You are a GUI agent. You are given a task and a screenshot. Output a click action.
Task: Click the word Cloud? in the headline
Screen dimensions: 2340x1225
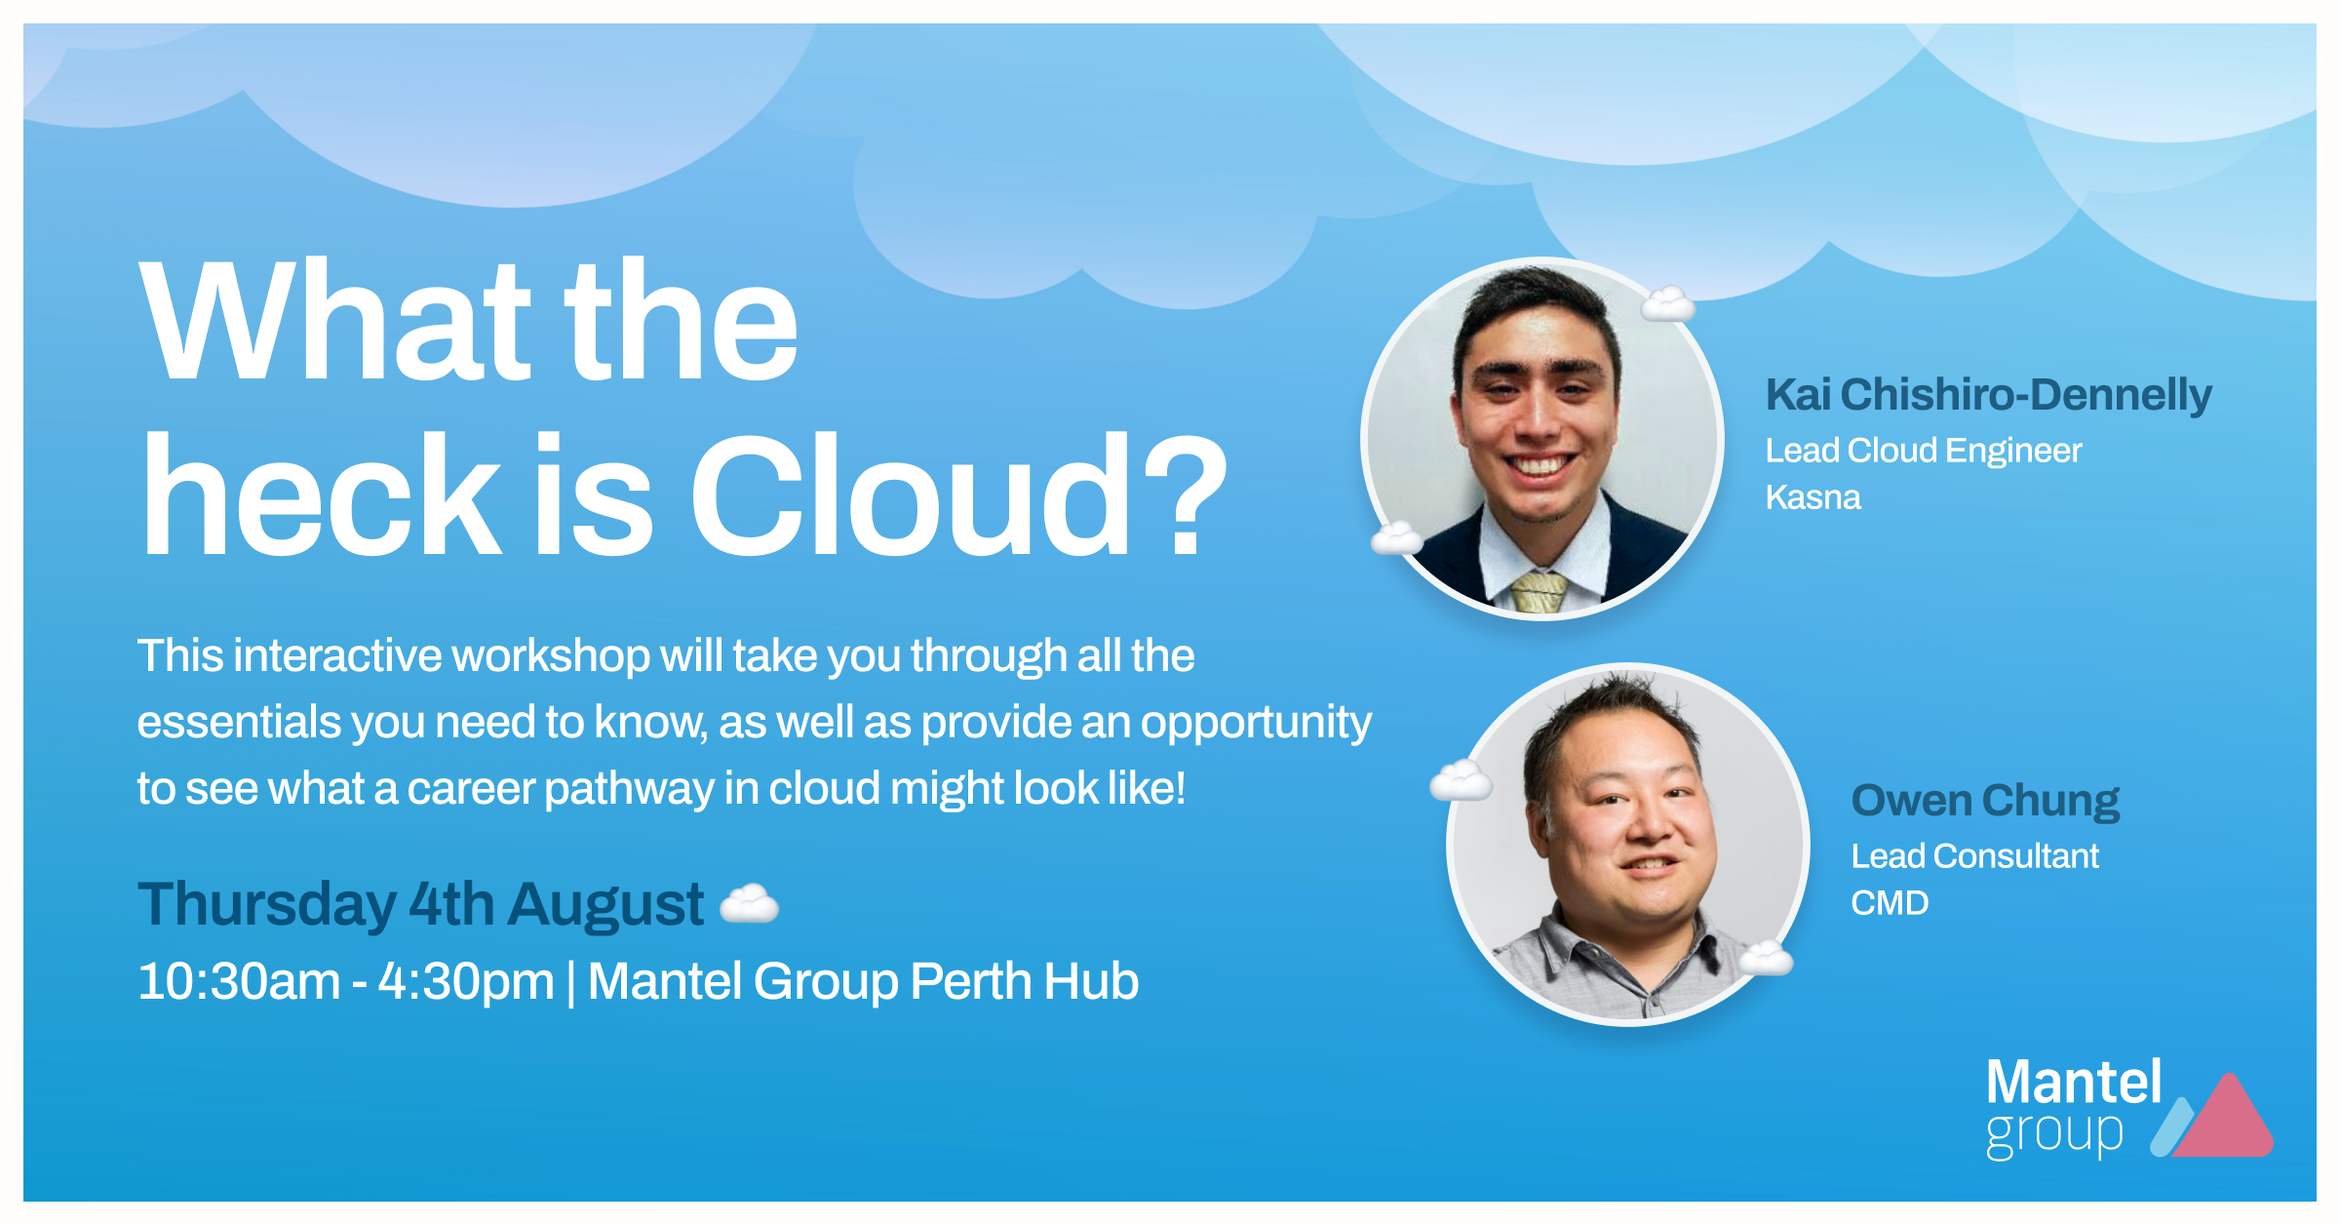coord(959,495)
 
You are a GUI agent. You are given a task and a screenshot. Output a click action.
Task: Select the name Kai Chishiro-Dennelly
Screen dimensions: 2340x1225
coord(1988,395)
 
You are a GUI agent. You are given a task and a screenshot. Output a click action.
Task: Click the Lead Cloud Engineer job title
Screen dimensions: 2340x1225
coord(1924,451)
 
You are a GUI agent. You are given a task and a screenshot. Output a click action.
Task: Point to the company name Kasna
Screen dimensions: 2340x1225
coord(1813,497)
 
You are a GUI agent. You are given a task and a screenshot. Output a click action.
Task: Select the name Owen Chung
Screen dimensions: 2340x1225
coord(1985,801)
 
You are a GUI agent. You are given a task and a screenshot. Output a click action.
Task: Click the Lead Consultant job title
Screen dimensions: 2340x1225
coord(1974,856)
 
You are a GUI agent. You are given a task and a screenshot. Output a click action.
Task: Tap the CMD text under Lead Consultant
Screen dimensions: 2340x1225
coord(1890,903)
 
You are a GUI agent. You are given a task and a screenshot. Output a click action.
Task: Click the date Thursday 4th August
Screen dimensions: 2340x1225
coord(420,904)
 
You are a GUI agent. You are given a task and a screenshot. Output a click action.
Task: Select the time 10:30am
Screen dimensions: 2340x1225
coord(239,981)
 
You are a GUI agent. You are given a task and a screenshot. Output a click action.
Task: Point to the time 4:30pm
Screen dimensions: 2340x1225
coord(466,982)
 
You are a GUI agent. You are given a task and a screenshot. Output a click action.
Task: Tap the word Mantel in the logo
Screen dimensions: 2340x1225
coord(2074,1082)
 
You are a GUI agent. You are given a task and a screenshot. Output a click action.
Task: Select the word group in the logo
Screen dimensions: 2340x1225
coord(2054,1134)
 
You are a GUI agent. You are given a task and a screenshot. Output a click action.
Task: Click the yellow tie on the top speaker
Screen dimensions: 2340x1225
coord(1539,591)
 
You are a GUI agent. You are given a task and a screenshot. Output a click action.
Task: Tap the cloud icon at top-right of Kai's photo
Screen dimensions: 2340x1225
coord(1668,304)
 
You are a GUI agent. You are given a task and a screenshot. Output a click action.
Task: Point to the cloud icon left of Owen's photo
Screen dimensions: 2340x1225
coord(1461,780)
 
